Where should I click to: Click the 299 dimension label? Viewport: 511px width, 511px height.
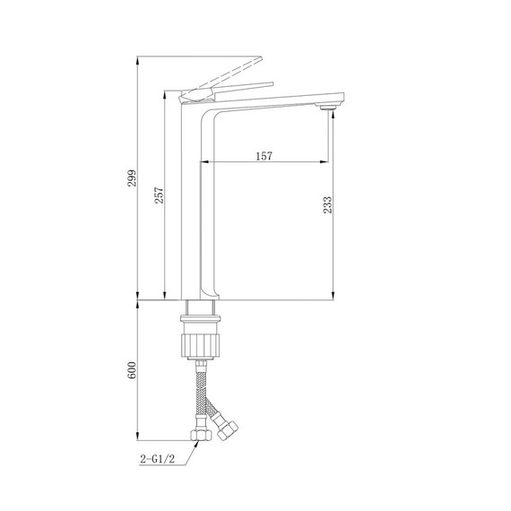(x=132, y=178)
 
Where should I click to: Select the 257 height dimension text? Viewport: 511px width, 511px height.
(x=159, y=195)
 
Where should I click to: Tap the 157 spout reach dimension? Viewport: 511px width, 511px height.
(x=264, y=156)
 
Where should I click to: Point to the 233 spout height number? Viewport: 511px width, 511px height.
(x=328, y=205)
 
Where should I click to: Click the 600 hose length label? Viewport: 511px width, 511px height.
(x=131, y=370)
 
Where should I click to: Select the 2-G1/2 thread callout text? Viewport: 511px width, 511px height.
(x=158, y=459)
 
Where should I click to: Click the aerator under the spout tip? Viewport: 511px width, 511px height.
(x=327, y=108)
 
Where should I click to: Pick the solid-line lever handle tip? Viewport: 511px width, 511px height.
(x=272, y=84)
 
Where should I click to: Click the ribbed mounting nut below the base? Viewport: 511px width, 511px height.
(x=200, y=345)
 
